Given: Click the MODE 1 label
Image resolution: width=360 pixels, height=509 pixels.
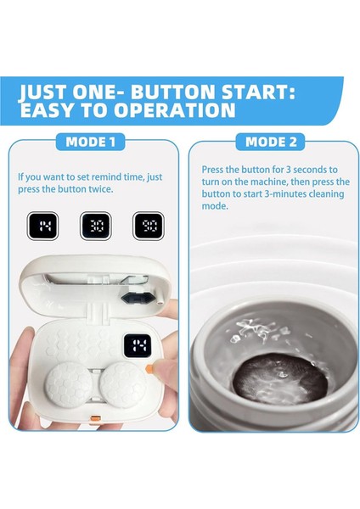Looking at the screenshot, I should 90,143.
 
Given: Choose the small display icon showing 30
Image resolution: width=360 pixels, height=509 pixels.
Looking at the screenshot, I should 94,225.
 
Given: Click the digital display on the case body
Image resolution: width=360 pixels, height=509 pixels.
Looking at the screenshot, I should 140,346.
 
